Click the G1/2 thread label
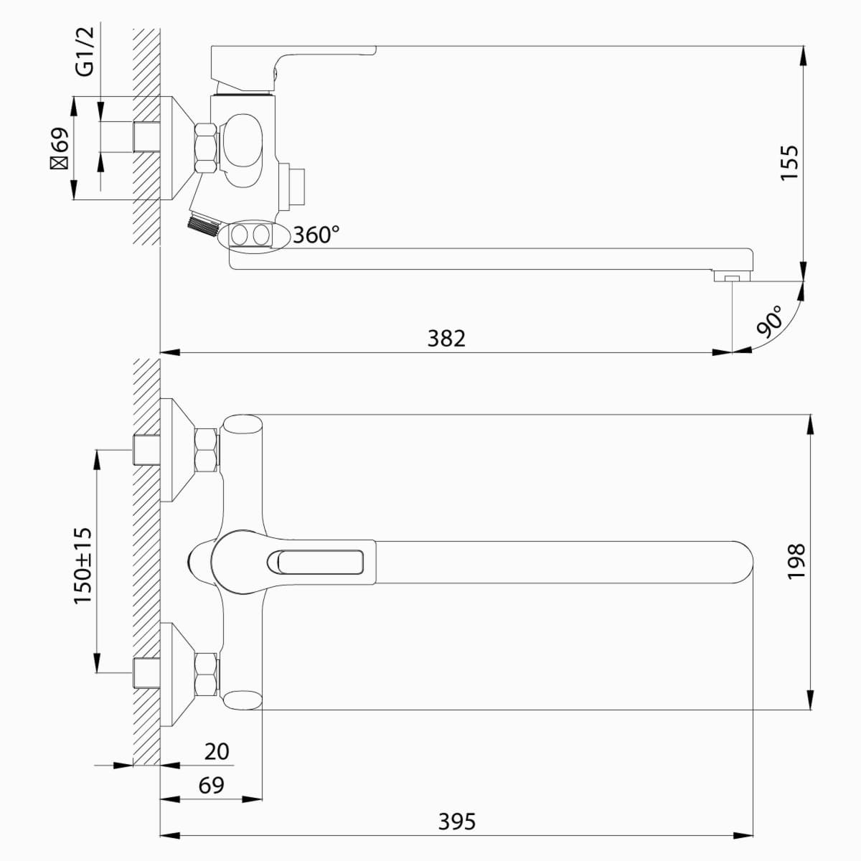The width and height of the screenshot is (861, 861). [x=86, y=52]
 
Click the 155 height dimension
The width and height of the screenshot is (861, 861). [x=789, y=163]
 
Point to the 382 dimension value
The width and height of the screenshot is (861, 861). [x=446, y=339]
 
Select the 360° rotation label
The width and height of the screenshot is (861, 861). [x=316, y=235]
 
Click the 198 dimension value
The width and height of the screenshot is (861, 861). [x=796, y=562]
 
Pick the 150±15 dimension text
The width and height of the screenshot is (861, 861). [x=83, y=565]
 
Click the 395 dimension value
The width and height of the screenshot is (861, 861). [x=457, y=822]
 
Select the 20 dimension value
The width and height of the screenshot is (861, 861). [x=217, y=751]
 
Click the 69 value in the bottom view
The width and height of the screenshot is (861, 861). [x=212, y=785]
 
